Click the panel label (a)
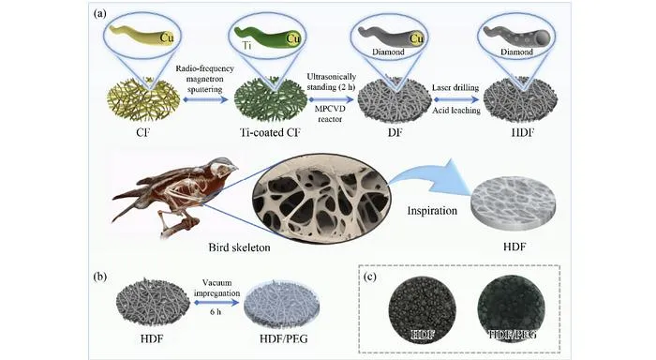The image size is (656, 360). pos(100,13)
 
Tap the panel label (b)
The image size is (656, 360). pos(100,277)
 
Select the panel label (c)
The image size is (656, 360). pos(370,277)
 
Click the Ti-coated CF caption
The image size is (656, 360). pos(270,132)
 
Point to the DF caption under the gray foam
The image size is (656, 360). pos(395,133)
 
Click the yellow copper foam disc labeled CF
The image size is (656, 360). pos(143,99)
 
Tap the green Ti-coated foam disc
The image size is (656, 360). pos(270,99)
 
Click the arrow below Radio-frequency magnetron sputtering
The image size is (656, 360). pos(204,99)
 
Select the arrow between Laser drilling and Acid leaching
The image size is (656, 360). pos(456,99)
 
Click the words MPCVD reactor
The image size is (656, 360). pos(330,113)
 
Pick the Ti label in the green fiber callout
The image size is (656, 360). pos(247,46)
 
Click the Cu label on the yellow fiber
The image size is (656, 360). pos(167,38)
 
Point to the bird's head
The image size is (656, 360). pos(223,164)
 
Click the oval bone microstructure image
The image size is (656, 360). pos(321,198)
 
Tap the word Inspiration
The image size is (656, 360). pos(432,210)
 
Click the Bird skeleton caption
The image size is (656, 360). pos(239,247)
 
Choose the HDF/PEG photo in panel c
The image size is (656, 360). pos(512,308)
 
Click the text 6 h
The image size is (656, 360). pos(216,312)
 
